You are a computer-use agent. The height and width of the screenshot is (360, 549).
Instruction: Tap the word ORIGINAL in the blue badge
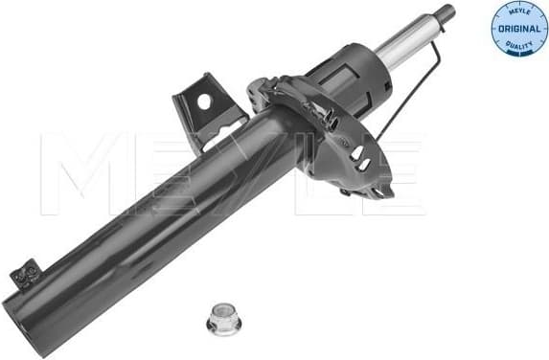pos(515,31)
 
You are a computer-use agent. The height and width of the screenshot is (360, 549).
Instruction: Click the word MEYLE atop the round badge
pos(515,12)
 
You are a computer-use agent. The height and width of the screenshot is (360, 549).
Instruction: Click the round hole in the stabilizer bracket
pos(203,101)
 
